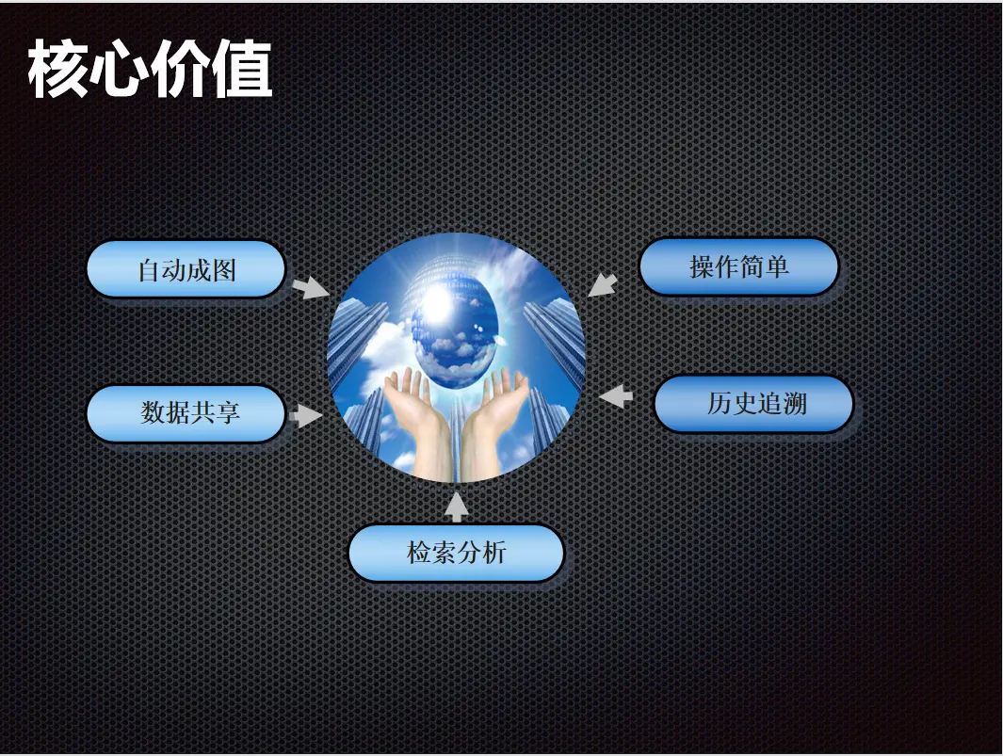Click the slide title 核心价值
[151, 69]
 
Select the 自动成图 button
[186, 269]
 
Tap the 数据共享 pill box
[186, 413]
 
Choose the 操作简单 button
[738, 266]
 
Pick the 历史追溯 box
[753, 404]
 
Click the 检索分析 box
[456, 554]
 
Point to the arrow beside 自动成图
[311, 287]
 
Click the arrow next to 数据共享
[306, 415]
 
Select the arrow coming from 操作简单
[603, 285]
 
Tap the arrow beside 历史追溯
[616, 396]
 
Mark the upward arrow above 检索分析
[456, 507]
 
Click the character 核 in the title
[57, 69]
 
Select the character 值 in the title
[242, 69]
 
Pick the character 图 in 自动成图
[224, 270]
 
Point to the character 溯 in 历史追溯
[794, 404]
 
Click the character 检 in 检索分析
[419, 553]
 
